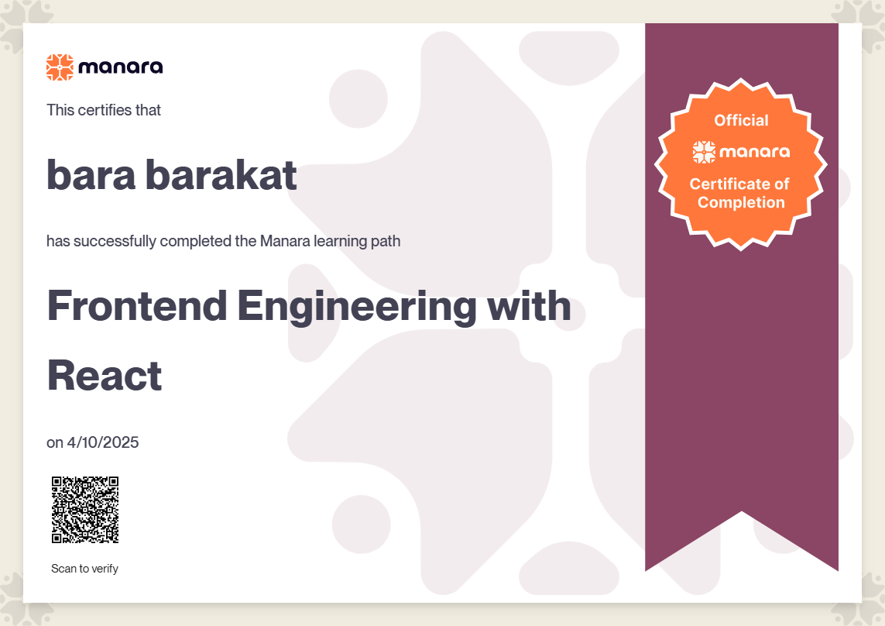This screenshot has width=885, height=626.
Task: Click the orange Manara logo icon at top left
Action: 60,67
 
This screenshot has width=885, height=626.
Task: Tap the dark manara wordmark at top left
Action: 121,67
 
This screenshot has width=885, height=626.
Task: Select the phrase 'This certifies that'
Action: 103,109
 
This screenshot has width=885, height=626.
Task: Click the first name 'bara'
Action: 91,174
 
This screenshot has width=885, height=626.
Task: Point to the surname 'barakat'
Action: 221,174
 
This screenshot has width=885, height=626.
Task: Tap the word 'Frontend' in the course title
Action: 137,306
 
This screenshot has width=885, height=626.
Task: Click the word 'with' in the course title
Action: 529,306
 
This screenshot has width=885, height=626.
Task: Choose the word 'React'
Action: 105,376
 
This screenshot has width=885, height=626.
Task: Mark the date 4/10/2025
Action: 103,442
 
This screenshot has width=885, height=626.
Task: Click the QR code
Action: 85,510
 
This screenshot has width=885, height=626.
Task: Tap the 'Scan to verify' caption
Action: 84,569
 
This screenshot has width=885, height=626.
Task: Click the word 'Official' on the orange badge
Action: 741,120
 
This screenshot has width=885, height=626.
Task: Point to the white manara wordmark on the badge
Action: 754,152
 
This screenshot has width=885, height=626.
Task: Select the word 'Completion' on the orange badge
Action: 741,203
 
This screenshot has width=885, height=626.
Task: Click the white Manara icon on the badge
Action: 704,152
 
